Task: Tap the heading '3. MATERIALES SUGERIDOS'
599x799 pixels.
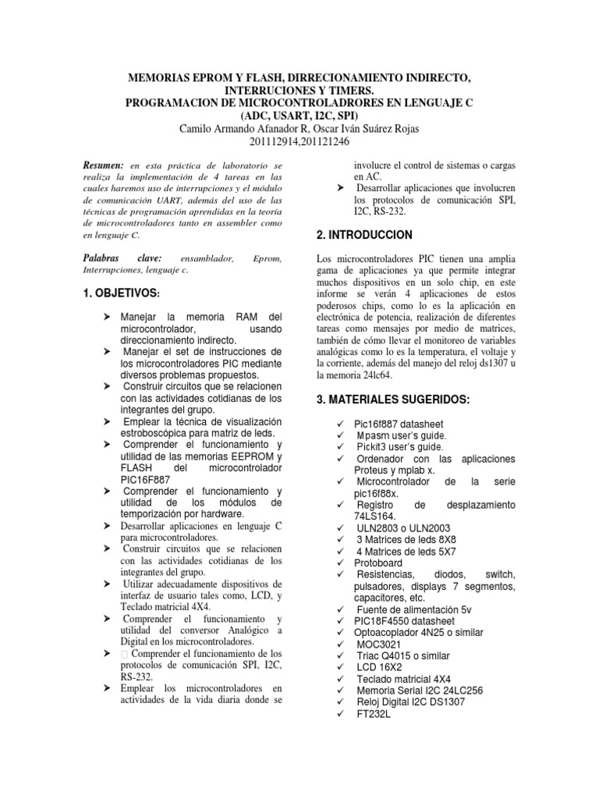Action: coord(393,399)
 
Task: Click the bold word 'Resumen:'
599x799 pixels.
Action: coord(103,167)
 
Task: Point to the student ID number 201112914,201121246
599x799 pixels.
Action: coord(299,142)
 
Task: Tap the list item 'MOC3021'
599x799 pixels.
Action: coord(380,644)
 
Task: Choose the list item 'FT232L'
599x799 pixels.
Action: coord(373,714)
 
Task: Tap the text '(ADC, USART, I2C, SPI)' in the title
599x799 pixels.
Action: coord(299,115)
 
